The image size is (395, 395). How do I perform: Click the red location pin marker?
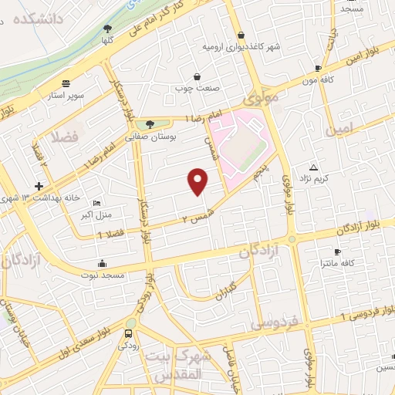(198, 181)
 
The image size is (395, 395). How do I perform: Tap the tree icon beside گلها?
(106, 29)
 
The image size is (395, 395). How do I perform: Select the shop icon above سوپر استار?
(66, 83)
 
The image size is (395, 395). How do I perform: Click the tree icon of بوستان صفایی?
(150, 123)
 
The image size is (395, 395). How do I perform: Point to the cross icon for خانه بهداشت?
(39, 186)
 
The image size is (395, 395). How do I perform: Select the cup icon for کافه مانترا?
(337, 252)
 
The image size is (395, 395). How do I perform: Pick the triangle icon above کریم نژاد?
(313, 167)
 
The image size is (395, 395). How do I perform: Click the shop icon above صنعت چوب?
(197, 76)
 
